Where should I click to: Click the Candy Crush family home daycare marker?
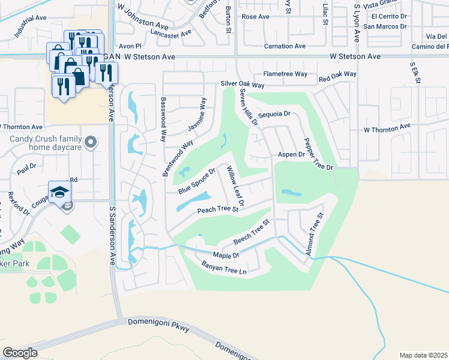point(90,142)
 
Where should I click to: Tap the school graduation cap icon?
point(60,192)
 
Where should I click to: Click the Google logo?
point(20,353)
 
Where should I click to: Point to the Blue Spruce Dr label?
point(196,181)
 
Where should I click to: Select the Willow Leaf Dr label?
point(235,187)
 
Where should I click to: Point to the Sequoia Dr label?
point(274,113)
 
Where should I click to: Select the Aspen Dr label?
point(291,154)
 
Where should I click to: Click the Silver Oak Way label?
point(243,85)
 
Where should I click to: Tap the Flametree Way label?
point(285,74)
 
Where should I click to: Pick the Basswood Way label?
point(162,119)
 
